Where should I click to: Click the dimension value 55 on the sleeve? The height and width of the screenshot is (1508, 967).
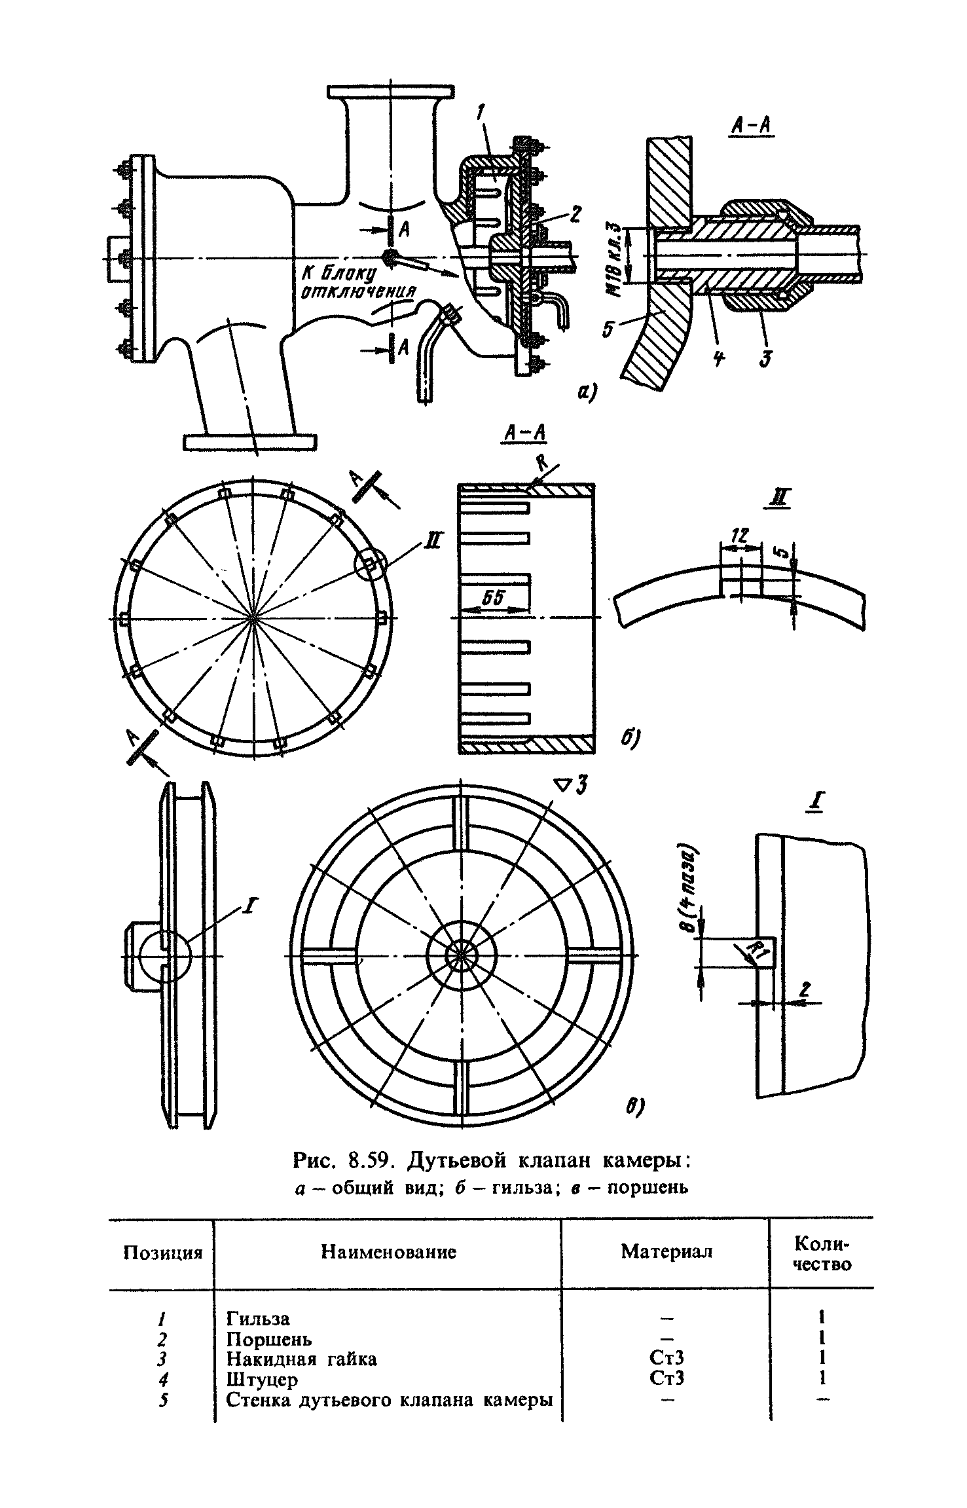494,597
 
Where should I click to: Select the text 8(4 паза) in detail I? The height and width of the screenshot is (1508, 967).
693,890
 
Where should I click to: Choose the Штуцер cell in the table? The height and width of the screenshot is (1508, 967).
262,1379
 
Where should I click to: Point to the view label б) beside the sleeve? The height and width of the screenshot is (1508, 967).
630,738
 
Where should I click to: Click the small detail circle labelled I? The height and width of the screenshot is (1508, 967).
164,956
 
